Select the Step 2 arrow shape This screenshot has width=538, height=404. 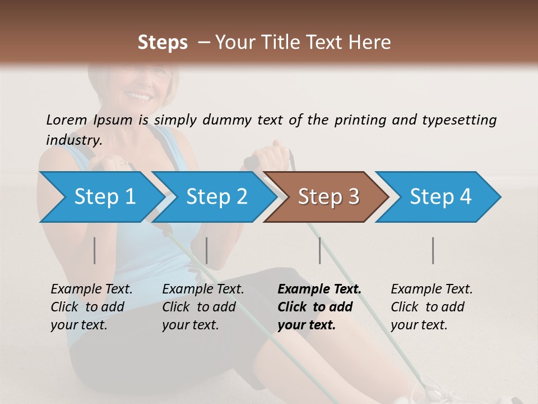(x=216, y=196)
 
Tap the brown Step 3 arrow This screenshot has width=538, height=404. (x=328, y=196)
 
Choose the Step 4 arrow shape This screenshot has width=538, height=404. (x=440, y=196)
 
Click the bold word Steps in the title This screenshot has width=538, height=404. (x=163, y=42)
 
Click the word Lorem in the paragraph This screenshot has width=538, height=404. (x=66, y=120)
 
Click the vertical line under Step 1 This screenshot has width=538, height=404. (x=95, y=250)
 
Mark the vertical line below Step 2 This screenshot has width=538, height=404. (x=207, y=250)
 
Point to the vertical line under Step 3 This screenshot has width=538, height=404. (x=319, y=250)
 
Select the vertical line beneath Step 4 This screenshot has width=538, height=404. (x=433, y=250)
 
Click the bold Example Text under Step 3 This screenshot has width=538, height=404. (x=319, y=289)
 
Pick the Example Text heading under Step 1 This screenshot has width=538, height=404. (x=91, y=289)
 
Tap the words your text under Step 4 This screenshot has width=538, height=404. (x=419, y=325)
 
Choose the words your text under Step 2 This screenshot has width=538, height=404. (x=190, y=325)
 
